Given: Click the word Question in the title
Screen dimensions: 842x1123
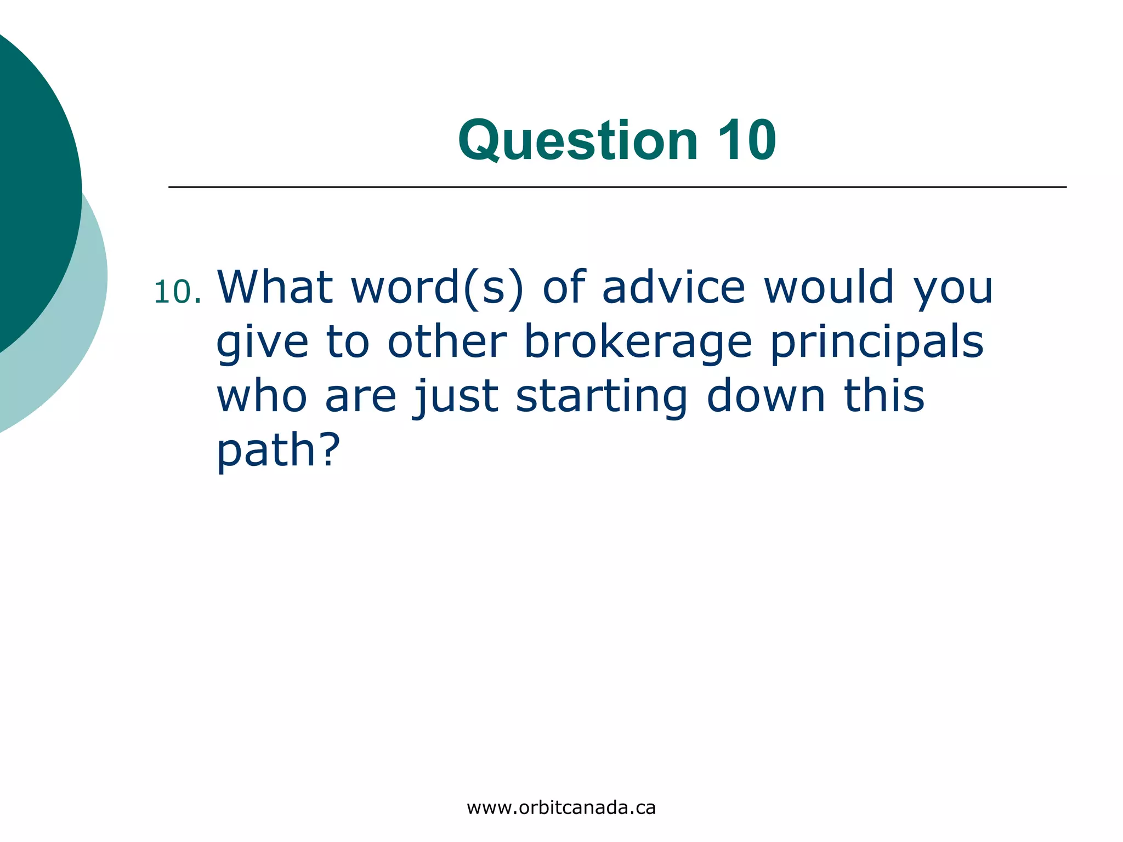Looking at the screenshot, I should click(x=578, y=141).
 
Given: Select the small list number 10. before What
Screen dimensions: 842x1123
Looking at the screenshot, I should click(x=177, y=292).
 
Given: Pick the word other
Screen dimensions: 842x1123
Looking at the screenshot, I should click(x=447, y=341).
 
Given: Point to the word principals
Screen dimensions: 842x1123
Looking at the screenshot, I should click(x=877, y=343).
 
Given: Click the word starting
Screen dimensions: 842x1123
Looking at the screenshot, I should click(x=602, y=397).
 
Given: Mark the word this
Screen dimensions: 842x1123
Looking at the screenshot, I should click(x=884, y=395).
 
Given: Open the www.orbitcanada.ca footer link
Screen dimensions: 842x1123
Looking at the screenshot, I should click(x=561, y=808).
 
